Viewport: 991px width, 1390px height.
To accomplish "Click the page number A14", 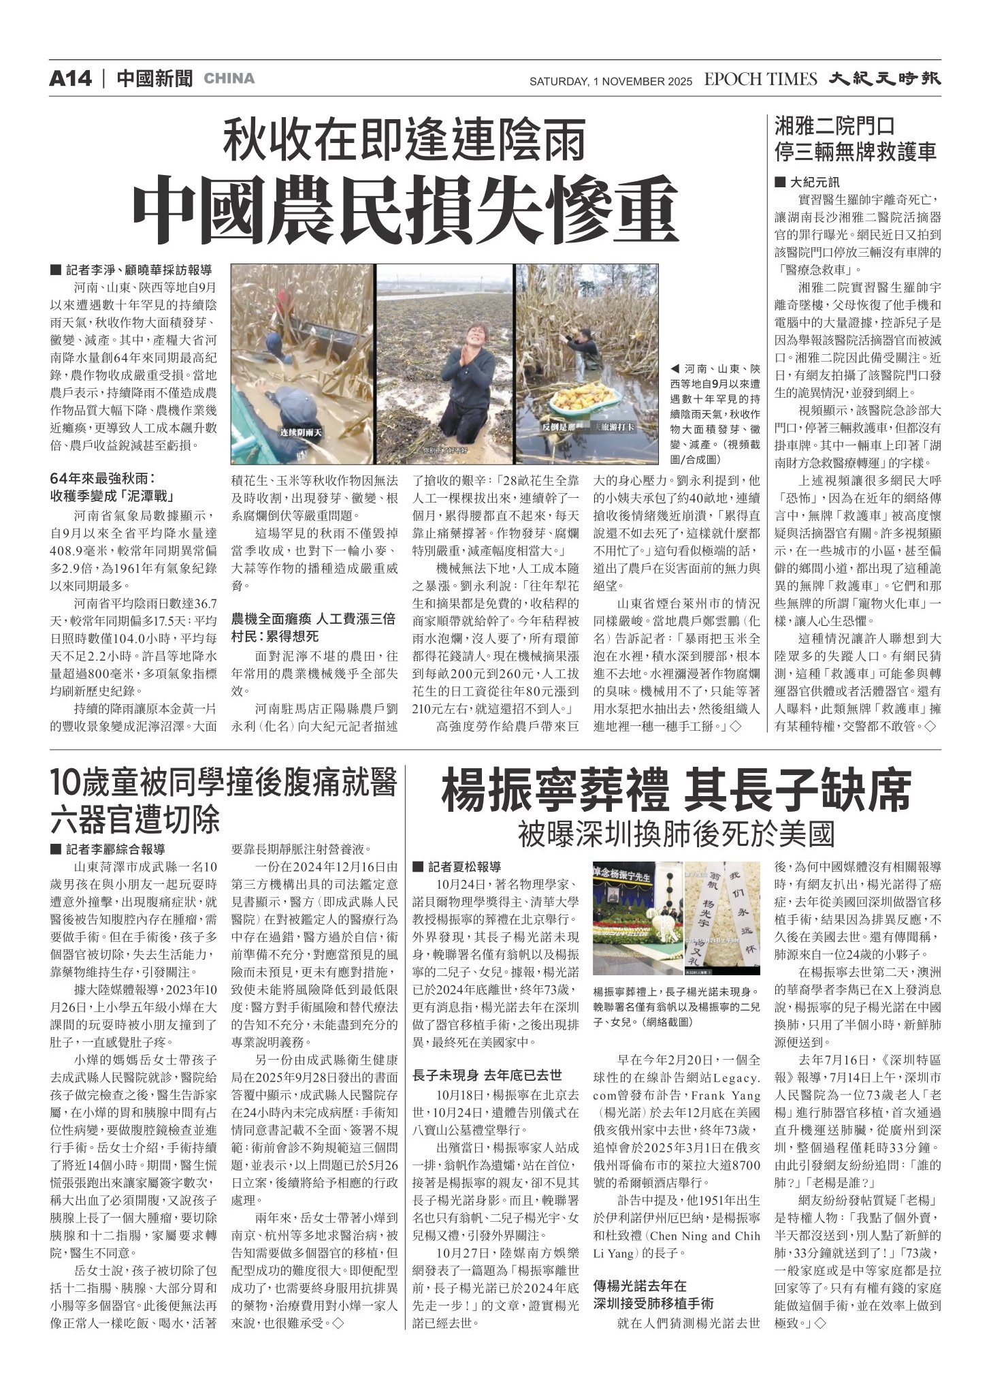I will (x=70, y=79).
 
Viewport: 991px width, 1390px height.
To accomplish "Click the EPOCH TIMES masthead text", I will (x=760, y=80).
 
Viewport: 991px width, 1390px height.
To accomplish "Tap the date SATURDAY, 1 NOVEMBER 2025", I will (x=611, y=82).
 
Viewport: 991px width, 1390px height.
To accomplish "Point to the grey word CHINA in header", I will (x=229, y=79).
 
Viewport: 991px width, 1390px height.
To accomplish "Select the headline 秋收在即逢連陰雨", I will (x=405, y=140).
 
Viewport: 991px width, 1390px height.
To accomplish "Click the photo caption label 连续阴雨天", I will (x=300, y=432).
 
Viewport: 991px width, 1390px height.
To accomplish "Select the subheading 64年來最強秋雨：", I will (x=103, y=478).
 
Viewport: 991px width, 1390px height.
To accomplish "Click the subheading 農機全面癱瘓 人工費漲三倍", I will (x=313, y=618).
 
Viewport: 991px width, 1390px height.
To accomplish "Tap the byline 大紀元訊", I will (x=814, y=183).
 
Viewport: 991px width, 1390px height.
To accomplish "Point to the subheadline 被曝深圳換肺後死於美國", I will (x=676, y=834).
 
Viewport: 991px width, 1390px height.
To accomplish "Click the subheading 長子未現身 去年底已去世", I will (x=487, y=1075).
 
